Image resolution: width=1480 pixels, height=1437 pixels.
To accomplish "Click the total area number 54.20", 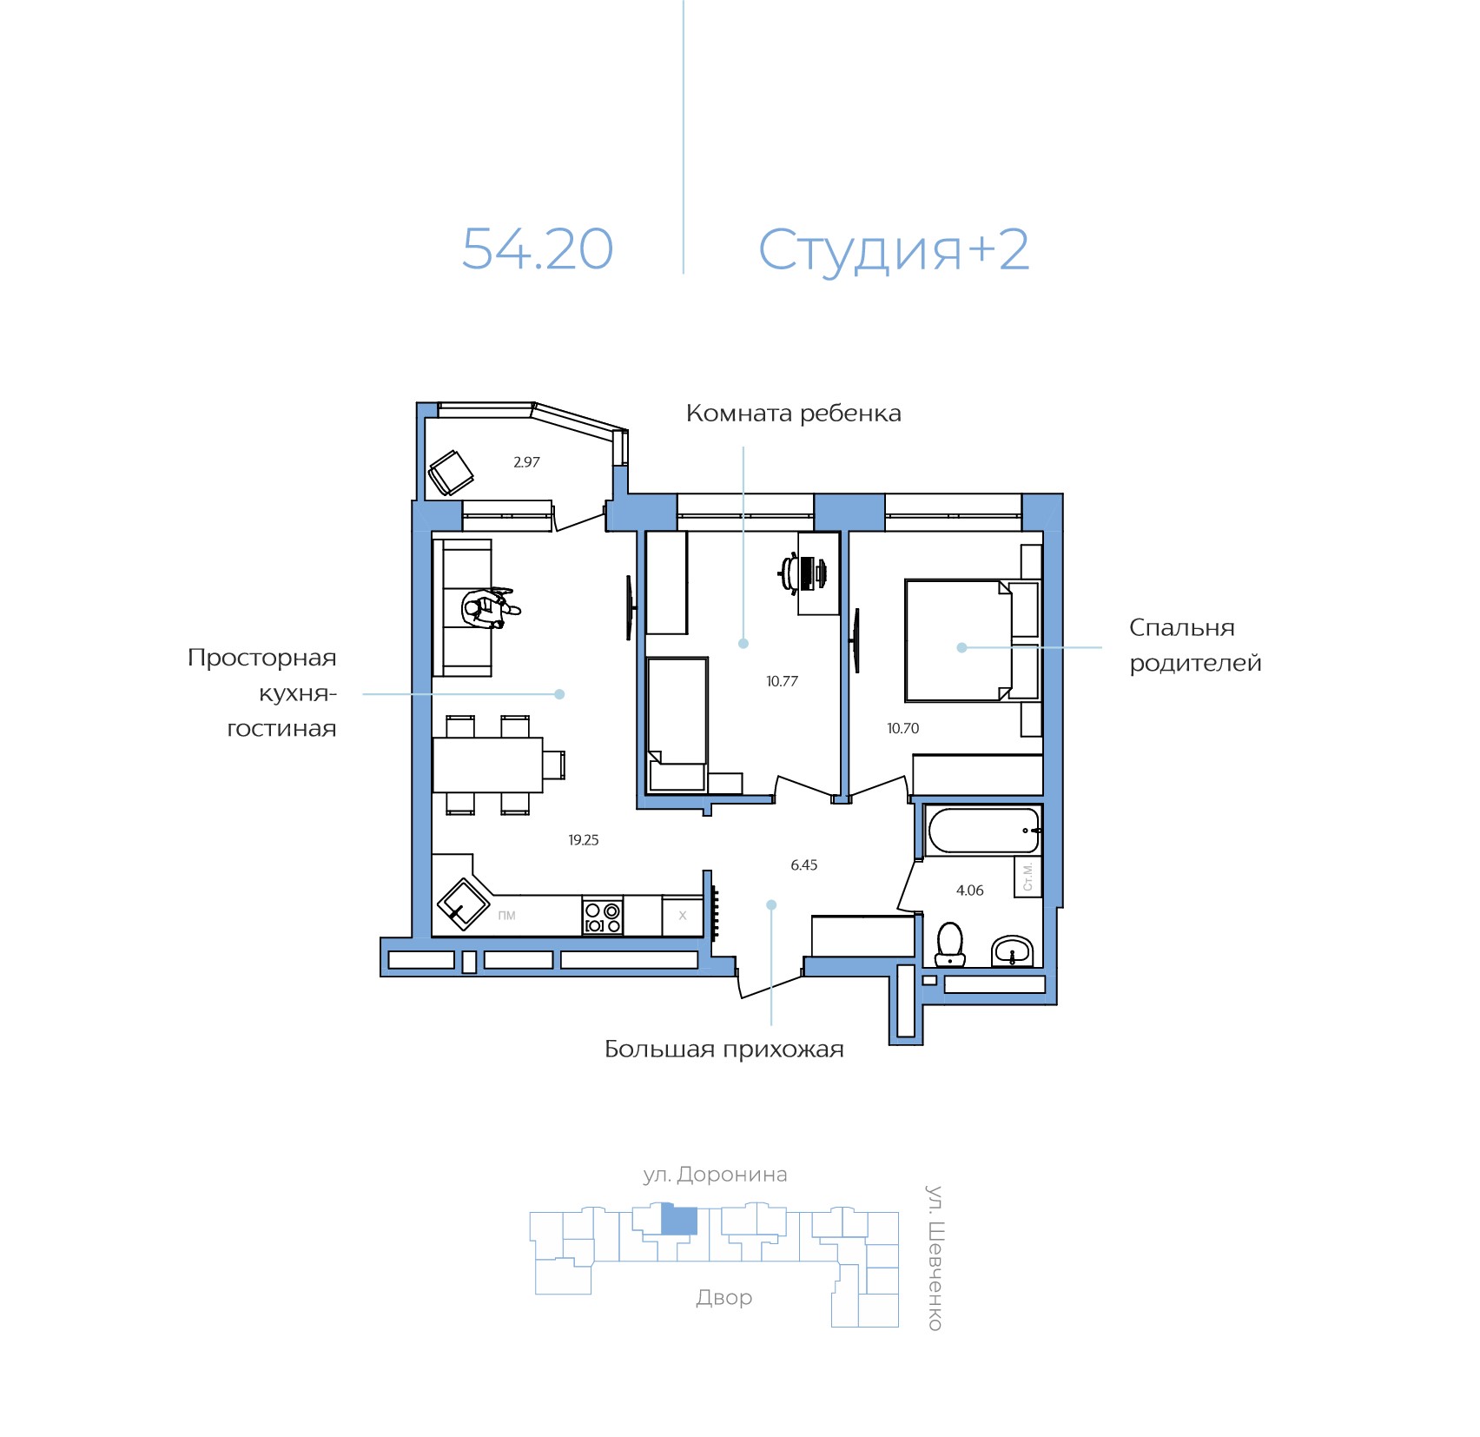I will tap(537, 249).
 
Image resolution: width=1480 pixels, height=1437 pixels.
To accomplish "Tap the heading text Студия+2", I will tap(893, 250).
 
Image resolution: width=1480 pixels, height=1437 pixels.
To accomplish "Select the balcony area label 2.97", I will tap(526, 462).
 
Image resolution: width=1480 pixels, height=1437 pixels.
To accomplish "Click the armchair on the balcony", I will tap(451, 473).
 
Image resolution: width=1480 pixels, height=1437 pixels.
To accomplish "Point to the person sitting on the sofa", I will tap(487, 607).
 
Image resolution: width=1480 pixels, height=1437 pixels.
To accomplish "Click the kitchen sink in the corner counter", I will tap(463, 904).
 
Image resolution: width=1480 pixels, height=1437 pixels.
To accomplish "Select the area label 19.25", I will tap(583, 840).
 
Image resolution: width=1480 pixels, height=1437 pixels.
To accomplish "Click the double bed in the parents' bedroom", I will tap(957, 640).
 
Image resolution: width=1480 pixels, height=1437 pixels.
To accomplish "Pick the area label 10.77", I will tap(782, 682).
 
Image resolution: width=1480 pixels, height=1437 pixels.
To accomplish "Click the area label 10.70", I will tap(902, 729).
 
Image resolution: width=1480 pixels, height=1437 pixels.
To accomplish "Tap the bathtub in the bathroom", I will tap(982, 831).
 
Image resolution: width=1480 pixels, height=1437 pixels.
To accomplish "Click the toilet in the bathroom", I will tap(950, 944).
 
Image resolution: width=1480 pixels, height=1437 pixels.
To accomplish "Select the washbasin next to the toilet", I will tap(1012, 951).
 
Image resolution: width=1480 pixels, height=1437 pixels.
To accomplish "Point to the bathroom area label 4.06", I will tap(969, 891).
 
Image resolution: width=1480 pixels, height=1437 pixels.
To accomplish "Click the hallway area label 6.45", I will tap(803, 865).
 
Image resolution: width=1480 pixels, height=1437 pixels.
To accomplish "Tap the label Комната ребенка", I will tap(793, 414).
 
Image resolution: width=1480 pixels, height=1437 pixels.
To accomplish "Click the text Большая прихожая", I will tap(723, 1050).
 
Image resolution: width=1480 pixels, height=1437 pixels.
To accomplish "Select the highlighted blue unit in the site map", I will tap(679, 1221).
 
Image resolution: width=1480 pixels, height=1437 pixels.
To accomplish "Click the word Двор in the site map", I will tap(723, 1298).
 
